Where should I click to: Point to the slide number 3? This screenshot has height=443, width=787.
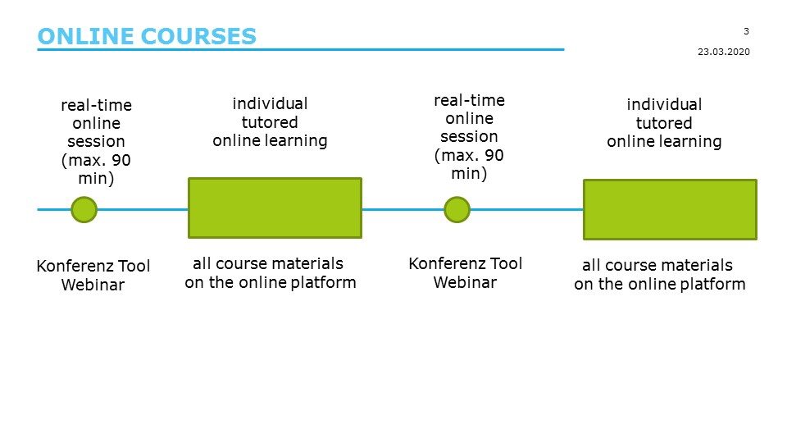point(746,31)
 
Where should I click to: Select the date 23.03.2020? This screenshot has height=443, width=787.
point(723,51)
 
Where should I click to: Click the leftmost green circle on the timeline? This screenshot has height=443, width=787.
point(84,209)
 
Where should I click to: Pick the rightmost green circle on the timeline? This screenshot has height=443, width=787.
point(457,209)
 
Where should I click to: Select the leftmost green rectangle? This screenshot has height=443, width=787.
point(275,208)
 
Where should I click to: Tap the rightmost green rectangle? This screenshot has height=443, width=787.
point(669,209)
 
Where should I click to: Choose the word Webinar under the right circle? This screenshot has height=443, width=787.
point(465,283)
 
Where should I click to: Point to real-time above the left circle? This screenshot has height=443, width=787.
point(96,105)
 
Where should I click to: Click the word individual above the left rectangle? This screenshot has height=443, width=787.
point(270,104)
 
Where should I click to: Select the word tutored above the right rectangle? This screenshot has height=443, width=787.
point(664,123)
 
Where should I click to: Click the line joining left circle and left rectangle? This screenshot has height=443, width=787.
point(143,209)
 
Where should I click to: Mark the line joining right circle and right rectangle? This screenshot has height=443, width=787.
point(525,209)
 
